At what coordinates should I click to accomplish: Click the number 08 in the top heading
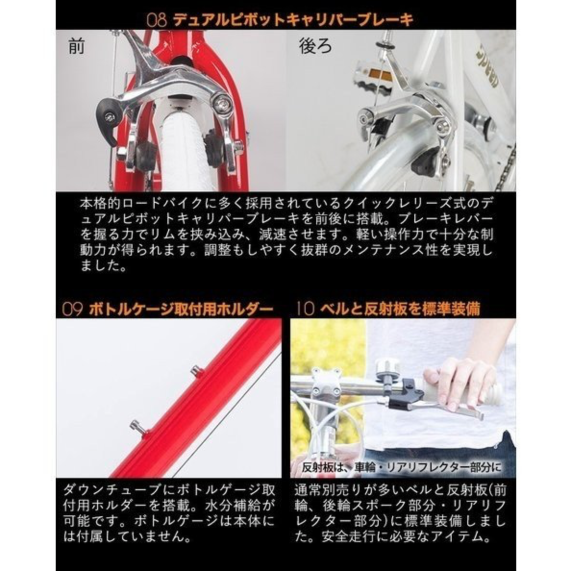[x=157, y=20]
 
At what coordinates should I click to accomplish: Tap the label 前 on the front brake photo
[x=76, y=47]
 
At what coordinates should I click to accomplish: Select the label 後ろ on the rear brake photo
[x=316, y=47]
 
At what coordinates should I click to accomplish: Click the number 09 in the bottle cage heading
[x=72, y=309]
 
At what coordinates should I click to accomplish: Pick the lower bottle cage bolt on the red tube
[x=137, y=426]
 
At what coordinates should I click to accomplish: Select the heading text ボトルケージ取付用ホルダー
[x=181, y=309]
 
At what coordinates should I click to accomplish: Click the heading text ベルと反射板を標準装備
[x=400, y=309]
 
